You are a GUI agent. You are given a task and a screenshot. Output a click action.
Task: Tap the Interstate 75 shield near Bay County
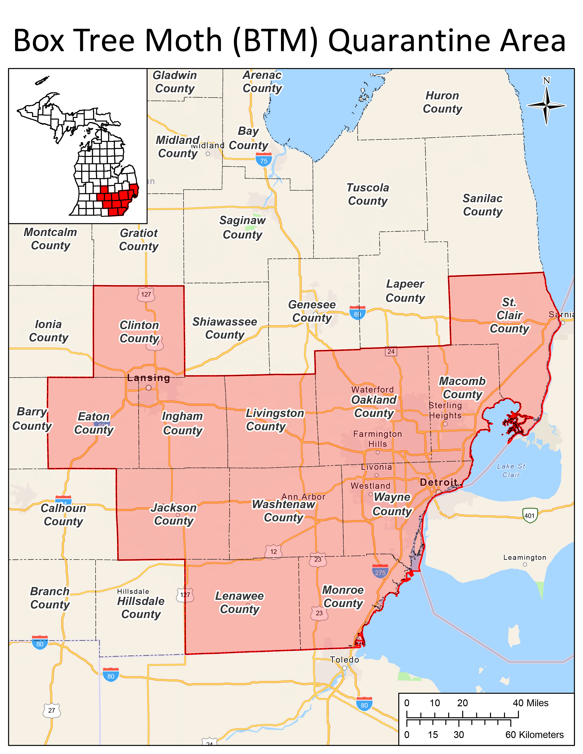pos(264,160)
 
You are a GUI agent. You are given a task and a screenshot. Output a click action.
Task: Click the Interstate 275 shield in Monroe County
pos(380,572)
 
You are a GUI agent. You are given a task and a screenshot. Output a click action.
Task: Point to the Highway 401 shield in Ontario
pos(530,515)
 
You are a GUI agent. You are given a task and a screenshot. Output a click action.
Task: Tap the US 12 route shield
pos(273,551)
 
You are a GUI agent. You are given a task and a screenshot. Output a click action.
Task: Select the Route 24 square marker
pos(391,351)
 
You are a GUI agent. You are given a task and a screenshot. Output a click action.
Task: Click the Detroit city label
pos(439,482)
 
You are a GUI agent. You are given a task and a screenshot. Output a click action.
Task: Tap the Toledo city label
pos(344,660)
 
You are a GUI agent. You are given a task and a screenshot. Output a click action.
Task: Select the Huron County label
pos(442,102)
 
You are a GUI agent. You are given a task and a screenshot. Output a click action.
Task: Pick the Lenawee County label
pos(239,603)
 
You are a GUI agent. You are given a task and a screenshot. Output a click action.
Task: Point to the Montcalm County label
pos(51,239)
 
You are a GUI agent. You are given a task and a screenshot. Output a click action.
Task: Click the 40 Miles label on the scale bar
pos(530,703)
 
